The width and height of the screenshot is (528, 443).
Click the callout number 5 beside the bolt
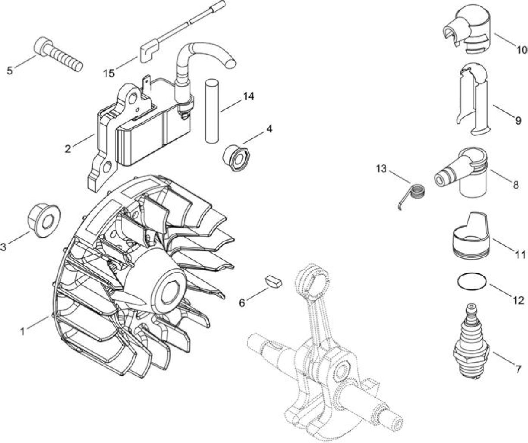tap(10, 71)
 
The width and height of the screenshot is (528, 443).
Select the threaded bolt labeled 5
tap(58, 54)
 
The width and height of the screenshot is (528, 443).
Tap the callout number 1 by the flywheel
tap(23, 331)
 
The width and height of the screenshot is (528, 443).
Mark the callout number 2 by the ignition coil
tap(68, 149)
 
